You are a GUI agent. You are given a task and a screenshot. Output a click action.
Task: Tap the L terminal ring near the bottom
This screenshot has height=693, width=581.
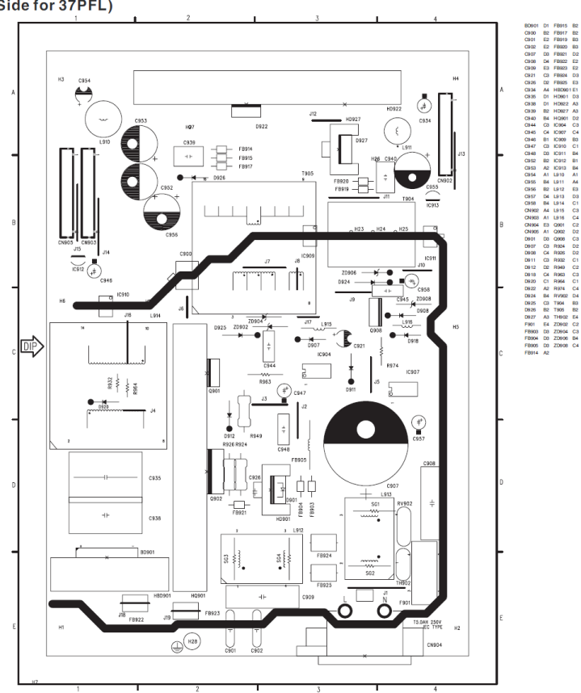347,612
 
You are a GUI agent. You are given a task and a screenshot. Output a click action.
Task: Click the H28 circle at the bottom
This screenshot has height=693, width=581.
193,642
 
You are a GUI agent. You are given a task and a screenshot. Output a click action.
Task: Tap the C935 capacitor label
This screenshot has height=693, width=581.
154,478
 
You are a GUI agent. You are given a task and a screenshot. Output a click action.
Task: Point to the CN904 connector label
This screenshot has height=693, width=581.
434,645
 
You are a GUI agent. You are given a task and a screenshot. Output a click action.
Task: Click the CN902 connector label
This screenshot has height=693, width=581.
444,181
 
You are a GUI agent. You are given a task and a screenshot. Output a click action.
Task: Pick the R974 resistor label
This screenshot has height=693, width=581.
392,366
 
